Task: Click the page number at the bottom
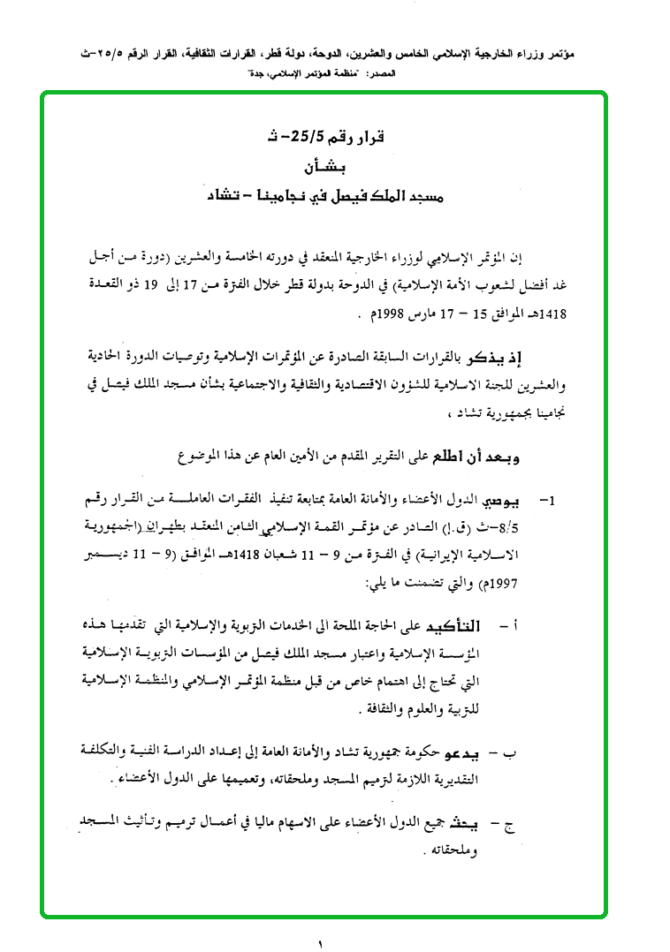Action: (x=322, y=942)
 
